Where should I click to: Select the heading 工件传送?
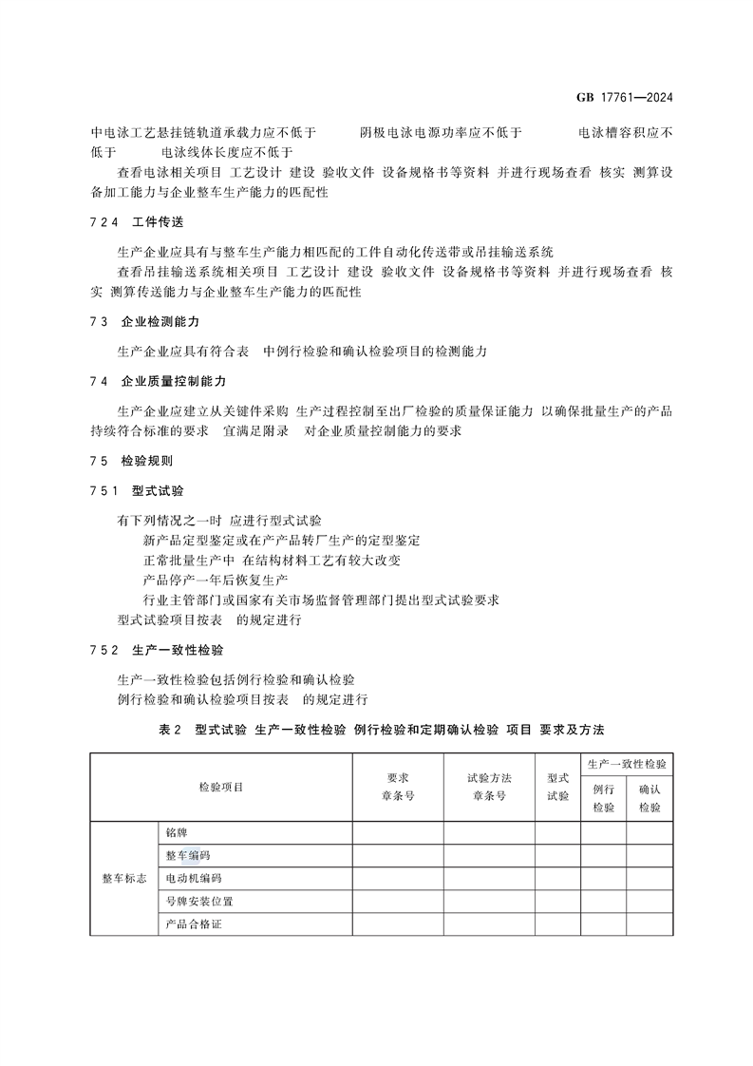point(158,221)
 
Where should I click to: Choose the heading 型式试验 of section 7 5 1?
point(158,491)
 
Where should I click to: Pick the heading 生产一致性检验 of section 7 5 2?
point(178,651)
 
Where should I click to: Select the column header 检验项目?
point(220,787)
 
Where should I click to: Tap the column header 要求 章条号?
point(397,787)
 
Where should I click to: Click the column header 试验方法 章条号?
point(489,787)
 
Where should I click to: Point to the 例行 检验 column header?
point(603,798)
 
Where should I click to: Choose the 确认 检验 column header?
point(649,798)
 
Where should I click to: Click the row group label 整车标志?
point(123,879)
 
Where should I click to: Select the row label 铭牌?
point(178,833)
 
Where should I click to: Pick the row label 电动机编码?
point(194,879)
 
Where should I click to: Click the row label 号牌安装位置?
point(199,902)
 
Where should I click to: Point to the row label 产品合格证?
point(194,924)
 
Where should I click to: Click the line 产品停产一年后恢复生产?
point(215,581)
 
